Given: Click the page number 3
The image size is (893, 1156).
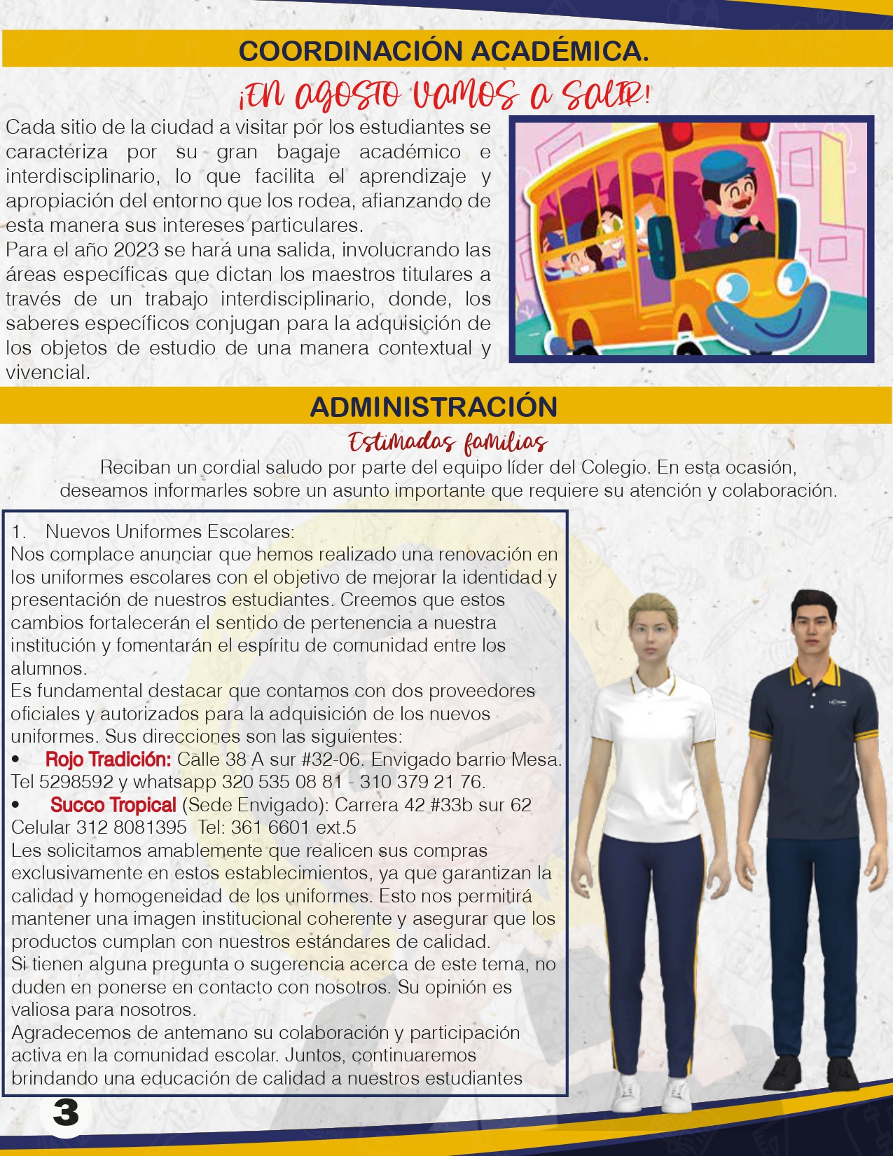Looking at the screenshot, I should (x=66, y=1112).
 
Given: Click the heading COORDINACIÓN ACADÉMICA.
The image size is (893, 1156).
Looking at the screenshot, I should (x=443, y=51).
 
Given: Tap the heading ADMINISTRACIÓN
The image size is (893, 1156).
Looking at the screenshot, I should (x=434, y=407).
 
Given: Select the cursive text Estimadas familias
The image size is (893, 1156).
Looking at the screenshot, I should (x=448, y=443).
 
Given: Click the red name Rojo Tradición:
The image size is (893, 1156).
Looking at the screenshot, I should (x=108, y=759).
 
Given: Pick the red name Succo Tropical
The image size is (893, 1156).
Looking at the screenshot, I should (x=113, y=805).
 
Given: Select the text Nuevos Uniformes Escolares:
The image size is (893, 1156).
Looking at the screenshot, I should (x=169, y=532).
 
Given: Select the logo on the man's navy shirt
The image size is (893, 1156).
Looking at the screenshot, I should (x=838, y=701).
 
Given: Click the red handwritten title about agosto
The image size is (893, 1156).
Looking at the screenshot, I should (x=444, y=94).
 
